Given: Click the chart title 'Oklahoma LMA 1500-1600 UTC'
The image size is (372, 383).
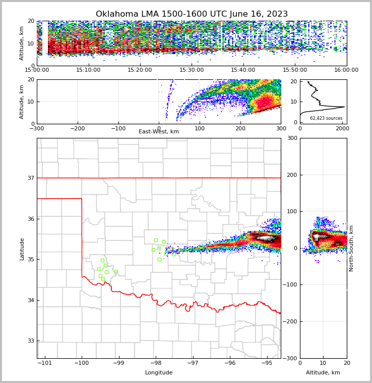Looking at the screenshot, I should pyautogui.click(x=192, y=14).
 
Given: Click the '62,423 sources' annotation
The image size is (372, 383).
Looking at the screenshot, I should pyautogui.click(x=326, y=118).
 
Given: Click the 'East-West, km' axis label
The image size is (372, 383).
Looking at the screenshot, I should pyautogui.click(x=159, y=132).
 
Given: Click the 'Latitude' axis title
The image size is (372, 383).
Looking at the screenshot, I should pyautogui.click(x=22, y=249).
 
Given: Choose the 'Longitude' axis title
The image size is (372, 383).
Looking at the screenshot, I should pyautogui.click(x=159, y=373).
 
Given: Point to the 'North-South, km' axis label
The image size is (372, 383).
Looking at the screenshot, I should pyautogui.click(x=351, y=249).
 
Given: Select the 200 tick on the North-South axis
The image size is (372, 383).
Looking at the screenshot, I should pyautogui.click(x=291, y=175).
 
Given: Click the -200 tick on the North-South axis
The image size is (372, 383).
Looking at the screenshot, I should pyautogui.click(x=290, y=322).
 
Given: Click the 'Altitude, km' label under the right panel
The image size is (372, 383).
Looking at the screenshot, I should pyautogui.click(x=323, y=373).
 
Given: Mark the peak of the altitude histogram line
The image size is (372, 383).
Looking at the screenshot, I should pyautogui.click(x=344, y=107).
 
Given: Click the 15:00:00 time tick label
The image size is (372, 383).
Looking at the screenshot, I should pyautogui.click(x=37, y=70).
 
